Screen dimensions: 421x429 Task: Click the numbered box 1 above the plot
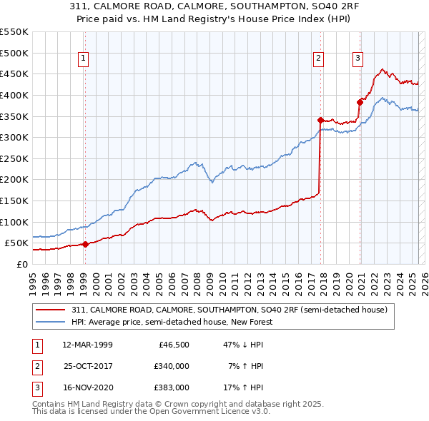[x=84, y=59]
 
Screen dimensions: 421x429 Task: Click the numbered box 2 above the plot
[x=318, y=59]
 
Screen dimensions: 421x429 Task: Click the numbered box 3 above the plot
[x=357, y=59]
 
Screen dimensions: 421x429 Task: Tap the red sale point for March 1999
[x=85, y=244]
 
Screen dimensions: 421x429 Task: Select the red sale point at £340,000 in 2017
[x=320, y=120]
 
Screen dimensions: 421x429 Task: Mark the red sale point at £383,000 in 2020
[x=360, y=102]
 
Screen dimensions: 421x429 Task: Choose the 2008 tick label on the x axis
[x=197, y=278]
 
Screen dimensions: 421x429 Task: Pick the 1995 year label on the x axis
[x=32, y=278]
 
